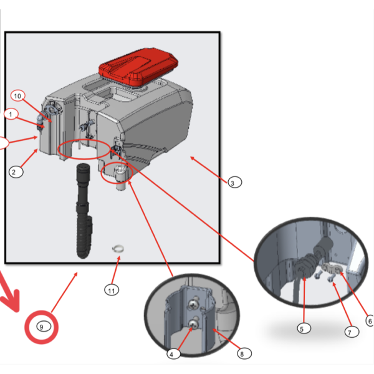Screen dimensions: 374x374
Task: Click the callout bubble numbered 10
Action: [x=17, y=95]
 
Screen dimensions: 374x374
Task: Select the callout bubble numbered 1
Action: [x=10, y=114]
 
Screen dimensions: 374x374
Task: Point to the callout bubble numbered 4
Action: [x=174, y=354]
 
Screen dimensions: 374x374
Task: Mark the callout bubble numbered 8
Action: [x=242, y=353]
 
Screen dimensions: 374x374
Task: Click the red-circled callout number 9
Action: [x=42, y=327]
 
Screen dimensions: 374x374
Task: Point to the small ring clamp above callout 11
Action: [x=117, y=251]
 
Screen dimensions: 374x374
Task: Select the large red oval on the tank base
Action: [x=81, y=150]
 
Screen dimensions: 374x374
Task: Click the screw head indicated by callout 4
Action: [x=194, y=324]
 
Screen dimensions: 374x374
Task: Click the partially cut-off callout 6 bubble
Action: [x=370, y=321]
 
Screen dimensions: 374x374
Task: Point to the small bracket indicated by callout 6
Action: [x=333, y=269]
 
